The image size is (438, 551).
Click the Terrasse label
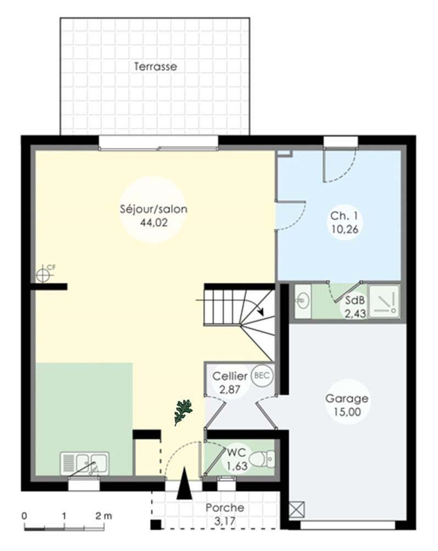(155, 66)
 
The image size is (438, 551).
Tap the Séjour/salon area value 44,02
(154, 222)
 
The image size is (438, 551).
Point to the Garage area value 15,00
(347, 412)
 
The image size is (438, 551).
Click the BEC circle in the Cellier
(262, 375)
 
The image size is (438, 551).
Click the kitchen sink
(85, 463)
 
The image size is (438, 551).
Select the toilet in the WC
(261, 459)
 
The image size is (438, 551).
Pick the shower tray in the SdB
(384, 302)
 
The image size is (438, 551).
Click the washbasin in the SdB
(302, 302)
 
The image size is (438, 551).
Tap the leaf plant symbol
(183, 412)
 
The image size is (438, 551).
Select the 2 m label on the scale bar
(103, 516)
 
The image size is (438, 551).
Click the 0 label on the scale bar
(25, 516)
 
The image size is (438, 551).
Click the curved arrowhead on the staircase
(261, 310)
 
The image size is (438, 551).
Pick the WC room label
(235, 452)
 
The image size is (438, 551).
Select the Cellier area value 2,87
(230, 389)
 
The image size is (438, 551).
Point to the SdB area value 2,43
(355, 313)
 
